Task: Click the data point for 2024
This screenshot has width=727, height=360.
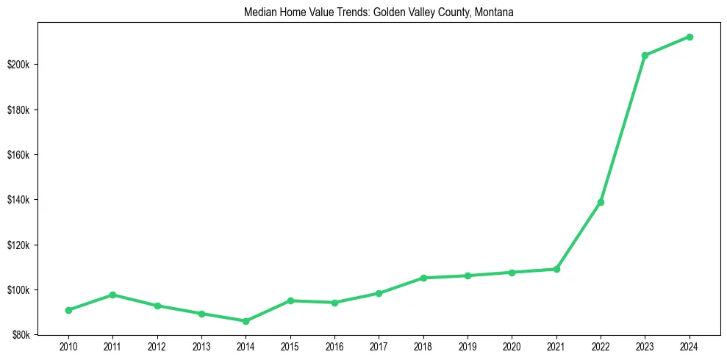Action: [x=690, y=37]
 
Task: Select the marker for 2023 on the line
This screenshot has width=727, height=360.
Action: [x=645, y=55]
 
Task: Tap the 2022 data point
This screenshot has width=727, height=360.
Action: [x=601, y=202]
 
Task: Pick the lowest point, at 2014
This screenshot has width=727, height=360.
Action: [x=246, y=321]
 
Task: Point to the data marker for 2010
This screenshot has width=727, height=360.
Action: [x=68, y=310]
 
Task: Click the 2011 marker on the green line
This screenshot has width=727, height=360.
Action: [x=112, y=295]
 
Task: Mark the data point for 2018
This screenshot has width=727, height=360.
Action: [x=423, y=278]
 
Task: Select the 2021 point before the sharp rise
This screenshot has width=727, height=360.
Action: [x=556, y=269]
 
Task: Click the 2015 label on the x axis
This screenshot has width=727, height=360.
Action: [x=290, y=346]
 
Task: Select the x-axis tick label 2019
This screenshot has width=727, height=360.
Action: [x=468, y=346]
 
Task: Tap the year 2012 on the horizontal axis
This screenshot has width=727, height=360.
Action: [x=157, y=346]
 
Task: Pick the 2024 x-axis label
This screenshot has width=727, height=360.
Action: [x=690, y=346]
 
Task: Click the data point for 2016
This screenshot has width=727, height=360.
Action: [x=334, y=303]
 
